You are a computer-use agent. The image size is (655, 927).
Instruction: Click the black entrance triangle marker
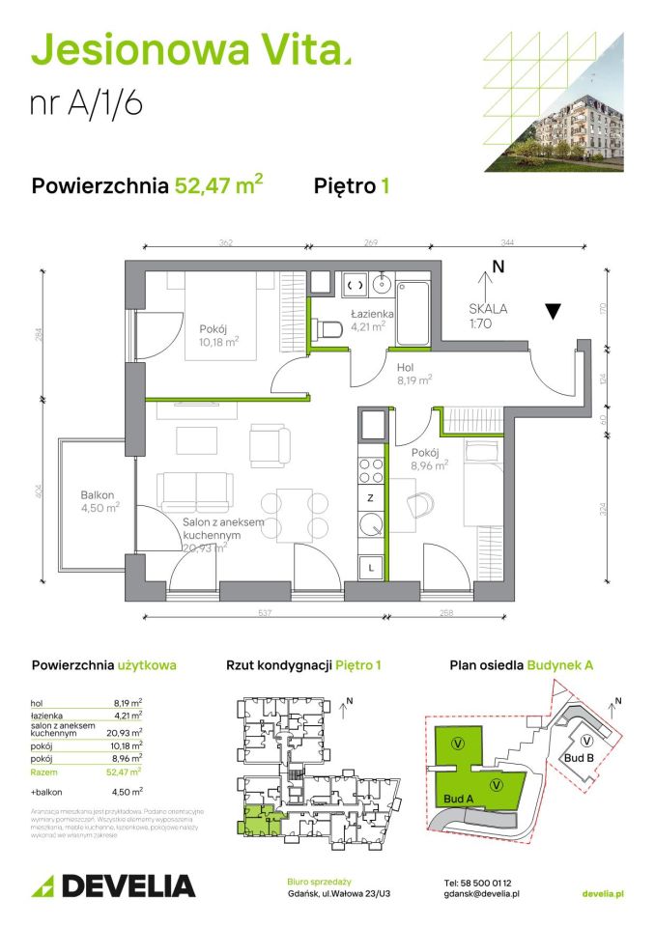pos(552,311)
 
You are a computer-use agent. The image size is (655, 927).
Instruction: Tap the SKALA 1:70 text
pos(488,315)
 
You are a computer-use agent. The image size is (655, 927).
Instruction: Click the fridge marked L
pos(371,567)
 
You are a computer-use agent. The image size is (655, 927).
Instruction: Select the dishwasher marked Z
pos(371,498)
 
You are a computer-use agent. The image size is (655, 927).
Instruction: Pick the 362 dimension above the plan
pos(226,243)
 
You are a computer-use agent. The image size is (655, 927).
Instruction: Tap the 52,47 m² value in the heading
pos(218,185)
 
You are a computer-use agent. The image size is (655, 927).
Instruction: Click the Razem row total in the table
pos(87,771)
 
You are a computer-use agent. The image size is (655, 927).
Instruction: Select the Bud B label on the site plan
pos(578,759)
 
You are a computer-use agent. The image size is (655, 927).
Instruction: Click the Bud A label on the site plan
pos(460,799)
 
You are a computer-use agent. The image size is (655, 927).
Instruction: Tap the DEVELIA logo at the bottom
pos(114,884)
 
